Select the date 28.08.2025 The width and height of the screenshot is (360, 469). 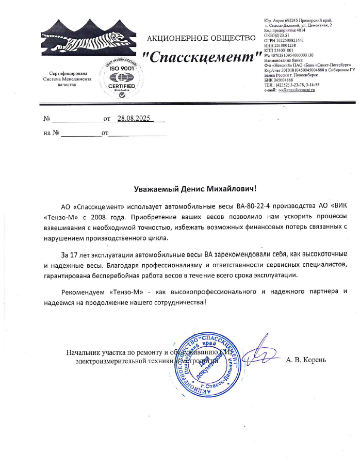[133, 119]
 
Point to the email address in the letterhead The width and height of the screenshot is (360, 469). [296, 90]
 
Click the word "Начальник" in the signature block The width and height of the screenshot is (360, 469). [84, 353]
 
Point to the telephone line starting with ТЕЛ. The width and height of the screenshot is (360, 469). [291, 85]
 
